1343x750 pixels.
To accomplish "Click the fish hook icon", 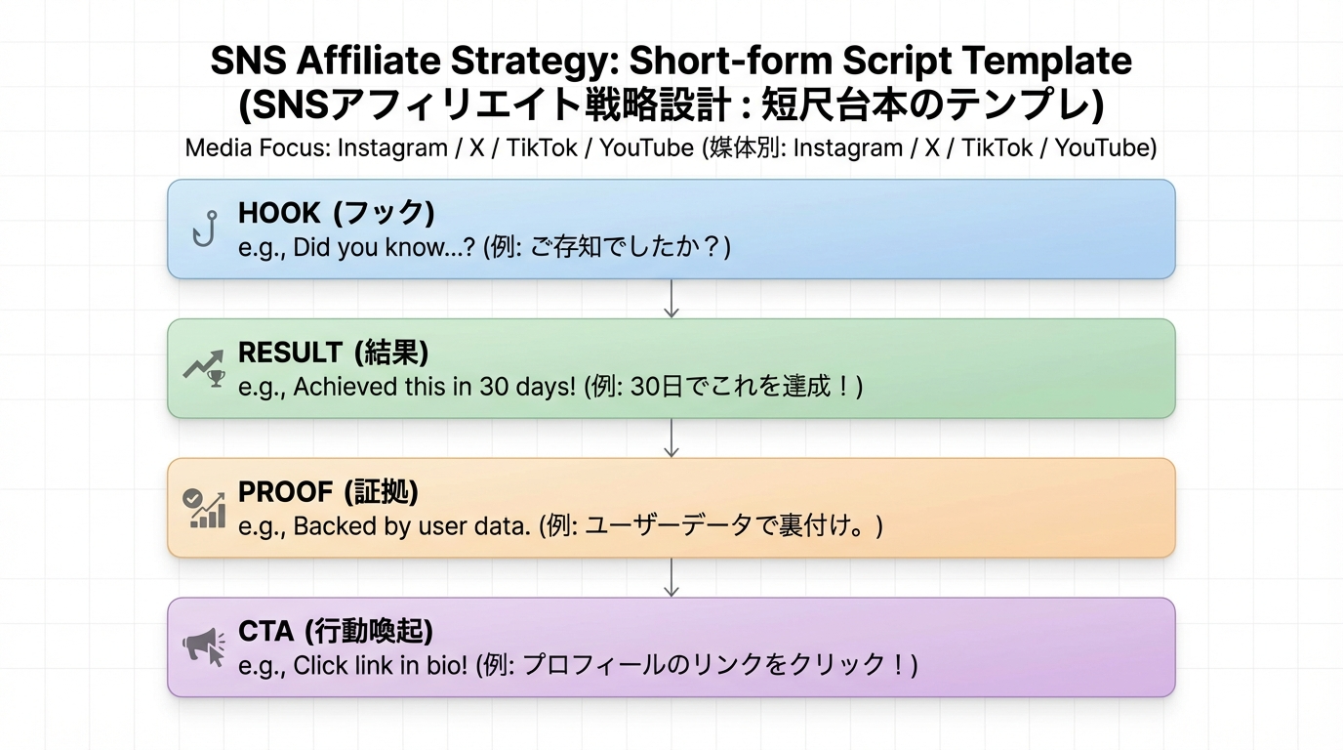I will click(204, 229).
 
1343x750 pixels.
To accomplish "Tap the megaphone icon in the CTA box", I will click(203, 646).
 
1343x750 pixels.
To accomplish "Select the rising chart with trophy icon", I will click(203, 368).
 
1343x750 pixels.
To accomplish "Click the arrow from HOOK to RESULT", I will click(671, 298).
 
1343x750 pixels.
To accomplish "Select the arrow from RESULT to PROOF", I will click(671, 437).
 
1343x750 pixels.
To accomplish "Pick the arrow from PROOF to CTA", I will click(671, 577).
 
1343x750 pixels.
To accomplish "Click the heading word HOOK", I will click(279, 213).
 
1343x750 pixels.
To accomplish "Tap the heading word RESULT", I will click(290, 353).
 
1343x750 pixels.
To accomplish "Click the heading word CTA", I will click(265, 632).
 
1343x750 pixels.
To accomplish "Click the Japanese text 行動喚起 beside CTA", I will click(368, 632).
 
